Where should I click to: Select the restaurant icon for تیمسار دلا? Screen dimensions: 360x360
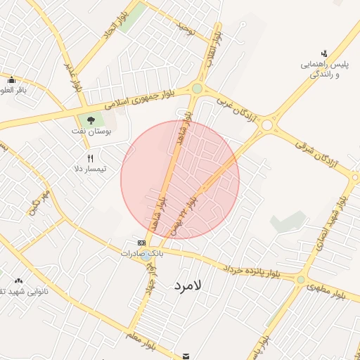[90, 158]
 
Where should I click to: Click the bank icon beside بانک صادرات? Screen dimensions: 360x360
[142, 243]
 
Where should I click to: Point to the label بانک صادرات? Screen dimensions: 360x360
[142, 252]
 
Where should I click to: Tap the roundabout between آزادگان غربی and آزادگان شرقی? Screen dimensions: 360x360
[267, 125]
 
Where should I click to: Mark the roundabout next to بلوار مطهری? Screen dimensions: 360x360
[301, 280]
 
